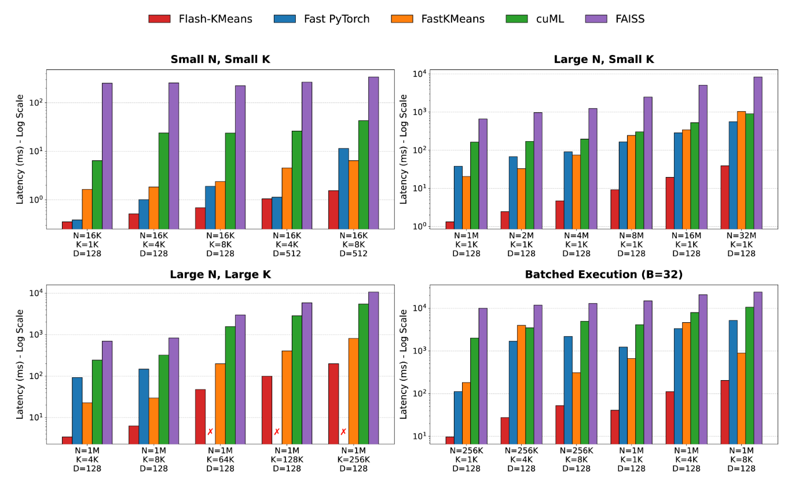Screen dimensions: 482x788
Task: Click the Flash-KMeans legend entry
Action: [200, 19]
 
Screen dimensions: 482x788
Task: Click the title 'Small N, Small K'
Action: [220, 60]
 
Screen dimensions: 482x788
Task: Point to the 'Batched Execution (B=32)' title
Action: [604, 275]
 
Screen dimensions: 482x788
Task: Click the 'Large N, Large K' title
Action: [220, 275]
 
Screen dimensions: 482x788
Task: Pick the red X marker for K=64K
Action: [210, 432]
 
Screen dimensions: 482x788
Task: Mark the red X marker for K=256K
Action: [343, 432]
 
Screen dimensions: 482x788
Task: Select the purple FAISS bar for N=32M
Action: [758, 153]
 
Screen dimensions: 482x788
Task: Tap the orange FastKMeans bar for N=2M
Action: [521, 198]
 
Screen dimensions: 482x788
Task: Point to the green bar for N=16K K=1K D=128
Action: [97, 194]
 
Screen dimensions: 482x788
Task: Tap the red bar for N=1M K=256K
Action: [333, 404]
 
